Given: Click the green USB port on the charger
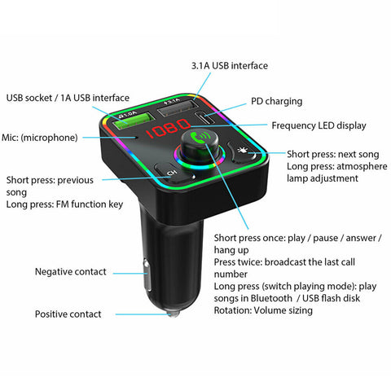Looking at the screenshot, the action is [134, 121].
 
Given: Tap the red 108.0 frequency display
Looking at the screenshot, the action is [168, 129].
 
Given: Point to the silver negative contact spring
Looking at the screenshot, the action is [147, 275].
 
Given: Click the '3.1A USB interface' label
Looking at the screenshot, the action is [230, 66].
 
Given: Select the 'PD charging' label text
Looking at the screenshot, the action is [276, 101].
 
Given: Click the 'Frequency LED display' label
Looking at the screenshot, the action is [319, 125].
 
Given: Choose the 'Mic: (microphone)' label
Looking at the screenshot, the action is [40, 138].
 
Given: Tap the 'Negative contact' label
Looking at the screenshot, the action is [71, 272].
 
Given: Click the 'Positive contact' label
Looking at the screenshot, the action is [68, 314].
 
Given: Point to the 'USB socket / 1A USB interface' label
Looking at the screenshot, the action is [68, 98].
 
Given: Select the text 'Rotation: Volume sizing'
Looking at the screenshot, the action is [263, 310].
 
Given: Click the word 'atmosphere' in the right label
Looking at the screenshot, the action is [362, 166].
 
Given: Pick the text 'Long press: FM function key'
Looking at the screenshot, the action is [64, 204].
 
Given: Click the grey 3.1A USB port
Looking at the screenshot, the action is [178, 108].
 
